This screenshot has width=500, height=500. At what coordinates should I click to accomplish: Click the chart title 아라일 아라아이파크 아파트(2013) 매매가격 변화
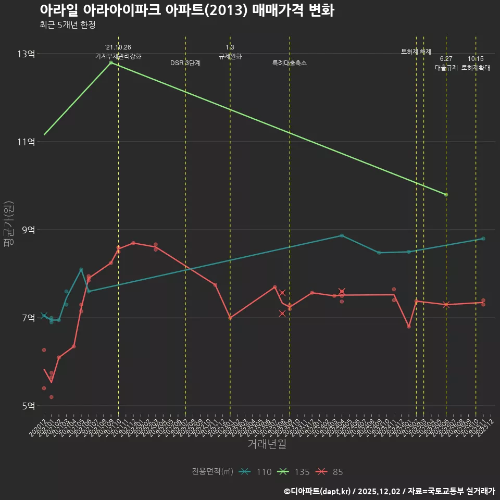pos(186,10)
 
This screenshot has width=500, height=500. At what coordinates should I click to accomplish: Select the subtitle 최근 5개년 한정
pos(67,25)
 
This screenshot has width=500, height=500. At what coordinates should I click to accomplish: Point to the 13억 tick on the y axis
pos(26,54)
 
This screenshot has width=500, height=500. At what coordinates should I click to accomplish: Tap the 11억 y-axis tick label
pos(26,142)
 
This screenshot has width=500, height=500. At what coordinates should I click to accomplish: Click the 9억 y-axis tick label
pos(27,230)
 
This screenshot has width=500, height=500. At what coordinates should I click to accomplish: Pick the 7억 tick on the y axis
pos(27,318)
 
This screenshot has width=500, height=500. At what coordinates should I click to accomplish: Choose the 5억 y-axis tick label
pos(27,406)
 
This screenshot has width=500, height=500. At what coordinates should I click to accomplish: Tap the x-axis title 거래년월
pos(267,444)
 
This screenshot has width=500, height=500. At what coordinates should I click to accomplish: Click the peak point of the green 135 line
pos(111,63)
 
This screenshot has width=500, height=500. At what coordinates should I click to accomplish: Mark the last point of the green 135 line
pos(446,194)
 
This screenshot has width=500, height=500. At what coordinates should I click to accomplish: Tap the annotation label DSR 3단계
pos(185,63)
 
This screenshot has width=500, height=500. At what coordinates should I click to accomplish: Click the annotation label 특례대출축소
pos(290,63)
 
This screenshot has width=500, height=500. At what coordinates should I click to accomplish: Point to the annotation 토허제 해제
pos(416,52)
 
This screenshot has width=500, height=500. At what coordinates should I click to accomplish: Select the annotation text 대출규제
pos(446,68)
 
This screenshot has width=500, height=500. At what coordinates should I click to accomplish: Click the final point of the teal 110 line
pos(483,239)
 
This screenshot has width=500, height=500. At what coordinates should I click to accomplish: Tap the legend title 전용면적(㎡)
pos(213,472)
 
